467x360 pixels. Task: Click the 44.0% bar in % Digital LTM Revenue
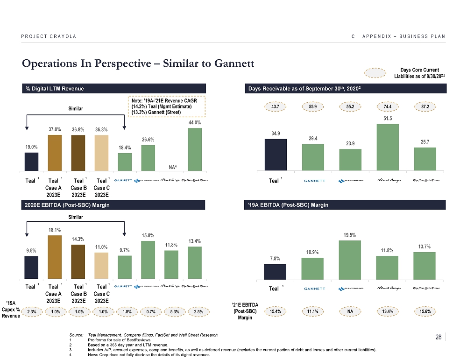click(195, 149)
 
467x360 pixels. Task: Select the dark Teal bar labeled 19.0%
click(31, 162)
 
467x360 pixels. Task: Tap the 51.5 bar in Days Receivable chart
click(387, 147)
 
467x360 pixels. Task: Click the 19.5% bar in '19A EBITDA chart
click(350, 261)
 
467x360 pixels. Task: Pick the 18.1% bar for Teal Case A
click(55, 257)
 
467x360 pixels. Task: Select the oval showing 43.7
click(276, 107)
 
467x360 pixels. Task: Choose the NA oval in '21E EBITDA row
click(350, 310)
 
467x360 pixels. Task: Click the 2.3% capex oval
click(31, 311)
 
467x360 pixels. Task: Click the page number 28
click(438, 337)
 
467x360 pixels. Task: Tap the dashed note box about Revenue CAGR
click(166, 107)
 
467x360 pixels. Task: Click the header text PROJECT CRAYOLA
click(49, 36)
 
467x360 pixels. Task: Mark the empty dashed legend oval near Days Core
click(375, 73)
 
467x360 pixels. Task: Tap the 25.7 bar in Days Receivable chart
click(425, 159)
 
